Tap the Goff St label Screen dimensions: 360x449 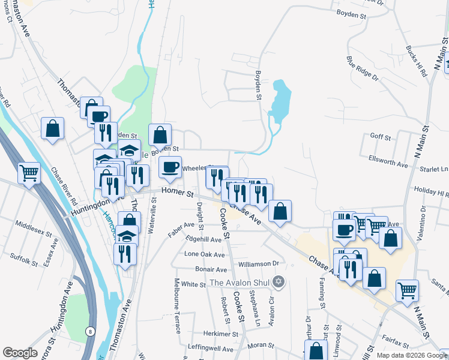tap(381, 137)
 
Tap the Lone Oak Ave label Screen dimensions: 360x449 tap(204, 254)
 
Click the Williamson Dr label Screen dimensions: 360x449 tap(259, 263)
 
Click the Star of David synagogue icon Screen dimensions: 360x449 tap(277, 281)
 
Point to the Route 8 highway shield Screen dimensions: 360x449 tap(89, 331)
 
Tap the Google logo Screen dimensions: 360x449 tap(20, 352)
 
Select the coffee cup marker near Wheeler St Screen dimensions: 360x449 tap(170, 167)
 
